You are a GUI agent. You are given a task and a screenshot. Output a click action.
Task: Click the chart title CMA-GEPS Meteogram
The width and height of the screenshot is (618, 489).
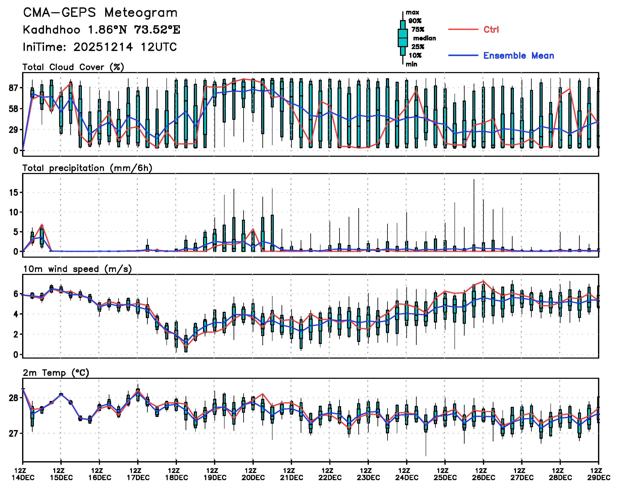point(100,13)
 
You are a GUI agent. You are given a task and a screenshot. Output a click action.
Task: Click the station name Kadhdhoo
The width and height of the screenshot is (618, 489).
point(52,30)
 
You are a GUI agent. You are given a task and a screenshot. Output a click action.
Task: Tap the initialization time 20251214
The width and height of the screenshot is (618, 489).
point(103,47)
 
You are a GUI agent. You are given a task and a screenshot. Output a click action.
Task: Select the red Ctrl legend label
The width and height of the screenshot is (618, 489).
point(491,29)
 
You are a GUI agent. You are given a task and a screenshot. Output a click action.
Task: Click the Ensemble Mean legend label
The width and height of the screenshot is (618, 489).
point(518,56)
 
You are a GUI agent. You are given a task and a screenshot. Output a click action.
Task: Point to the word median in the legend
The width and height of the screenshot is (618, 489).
point(424,38)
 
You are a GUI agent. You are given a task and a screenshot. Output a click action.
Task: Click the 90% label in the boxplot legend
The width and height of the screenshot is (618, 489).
point(415,21)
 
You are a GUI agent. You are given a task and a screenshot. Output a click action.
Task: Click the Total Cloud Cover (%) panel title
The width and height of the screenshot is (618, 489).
point(73,67)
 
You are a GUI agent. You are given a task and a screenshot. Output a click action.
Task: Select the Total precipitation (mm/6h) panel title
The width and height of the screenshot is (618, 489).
point(87,168)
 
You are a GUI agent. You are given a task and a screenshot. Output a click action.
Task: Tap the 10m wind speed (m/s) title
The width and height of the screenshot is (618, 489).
point(77,269)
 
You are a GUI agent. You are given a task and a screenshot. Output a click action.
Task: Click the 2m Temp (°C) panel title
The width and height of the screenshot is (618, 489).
point(56,373)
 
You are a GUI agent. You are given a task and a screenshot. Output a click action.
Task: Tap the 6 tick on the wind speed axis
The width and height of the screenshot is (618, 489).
point(16,294)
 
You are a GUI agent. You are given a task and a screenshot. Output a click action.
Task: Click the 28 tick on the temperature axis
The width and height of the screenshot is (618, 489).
point(13,398)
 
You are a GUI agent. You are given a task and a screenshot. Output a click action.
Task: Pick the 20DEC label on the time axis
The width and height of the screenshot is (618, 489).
point(253,478)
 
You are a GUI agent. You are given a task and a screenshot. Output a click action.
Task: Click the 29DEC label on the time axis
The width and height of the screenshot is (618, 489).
point(599,478)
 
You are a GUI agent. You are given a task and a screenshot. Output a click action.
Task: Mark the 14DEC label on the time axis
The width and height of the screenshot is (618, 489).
point(23,478)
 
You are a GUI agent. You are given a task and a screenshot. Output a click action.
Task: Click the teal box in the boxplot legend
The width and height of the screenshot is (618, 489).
point(403,38)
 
